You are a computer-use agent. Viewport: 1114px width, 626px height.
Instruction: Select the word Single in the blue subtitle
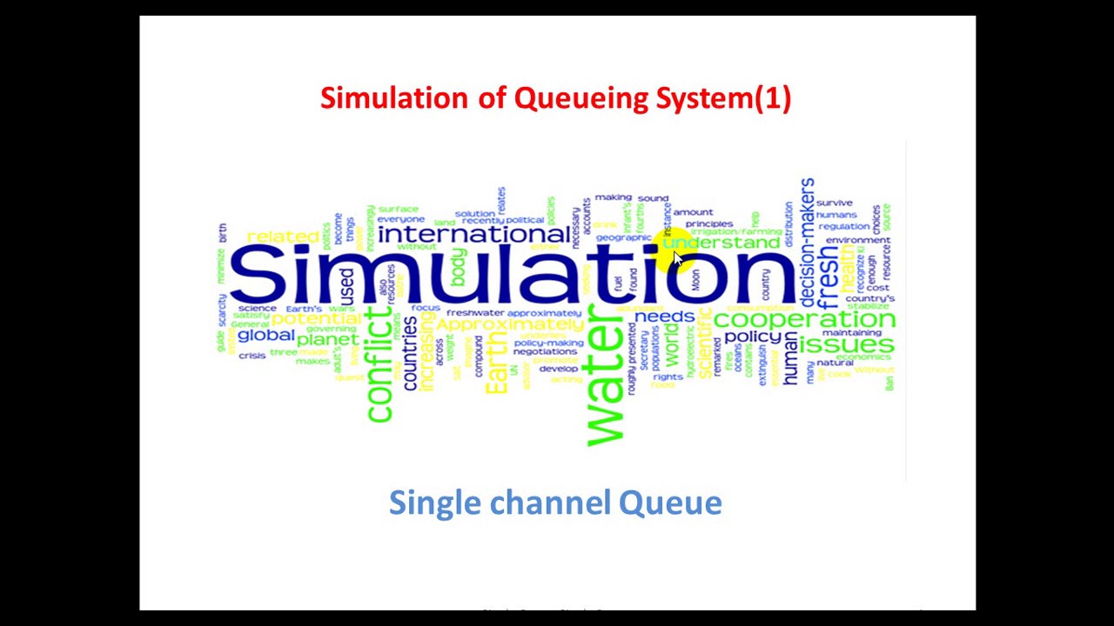435,503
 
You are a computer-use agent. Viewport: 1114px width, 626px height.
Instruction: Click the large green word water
606,383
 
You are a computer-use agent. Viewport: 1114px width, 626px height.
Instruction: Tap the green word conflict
380,365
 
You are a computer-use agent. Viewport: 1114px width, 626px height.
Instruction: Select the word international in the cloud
473,235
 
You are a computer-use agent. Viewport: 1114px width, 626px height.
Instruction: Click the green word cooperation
803,319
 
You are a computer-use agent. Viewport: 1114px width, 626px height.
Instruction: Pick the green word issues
846,344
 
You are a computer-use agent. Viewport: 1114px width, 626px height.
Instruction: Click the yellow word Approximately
510,324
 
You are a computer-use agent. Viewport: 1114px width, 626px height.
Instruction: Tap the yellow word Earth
496,370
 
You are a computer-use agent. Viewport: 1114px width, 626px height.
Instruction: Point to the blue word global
265,336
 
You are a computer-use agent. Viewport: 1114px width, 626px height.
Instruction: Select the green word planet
327,340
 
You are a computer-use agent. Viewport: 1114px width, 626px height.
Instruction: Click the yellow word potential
315,319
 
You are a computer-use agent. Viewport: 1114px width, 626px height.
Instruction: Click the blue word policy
753,336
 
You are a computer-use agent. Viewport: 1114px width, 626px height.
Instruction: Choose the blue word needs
664,316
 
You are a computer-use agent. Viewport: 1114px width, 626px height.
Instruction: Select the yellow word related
283,236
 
